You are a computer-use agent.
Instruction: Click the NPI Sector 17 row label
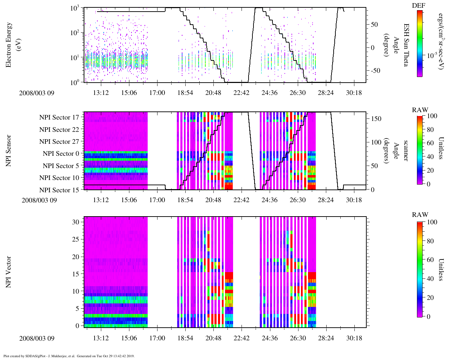(x=59, y=117)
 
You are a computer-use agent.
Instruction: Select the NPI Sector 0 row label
(x=61, y=154)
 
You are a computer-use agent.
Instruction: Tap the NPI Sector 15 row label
(x=59, y=190)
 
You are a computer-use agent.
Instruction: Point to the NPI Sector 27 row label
(x=59, y=142)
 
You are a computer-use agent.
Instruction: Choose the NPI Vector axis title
(x=8, y=272)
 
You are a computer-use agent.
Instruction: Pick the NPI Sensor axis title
(x=8, y=151)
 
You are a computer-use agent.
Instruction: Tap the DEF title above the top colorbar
(x=419, y=6)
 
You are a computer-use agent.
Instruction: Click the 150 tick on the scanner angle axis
(x=377, y=119)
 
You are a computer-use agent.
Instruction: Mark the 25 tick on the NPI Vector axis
(x=77, y=239)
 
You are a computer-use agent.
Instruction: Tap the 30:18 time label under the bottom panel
(x=354, y=338)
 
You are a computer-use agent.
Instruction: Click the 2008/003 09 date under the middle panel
(x=39, y=200)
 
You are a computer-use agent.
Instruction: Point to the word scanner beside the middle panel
(x=406, y=150)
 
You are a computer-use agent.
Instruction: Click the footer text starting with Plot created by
(x=69, y=356)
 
